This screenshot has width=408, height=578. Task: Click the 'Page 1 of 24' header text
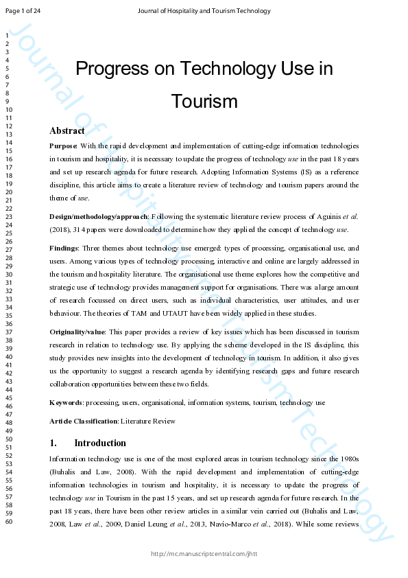[23, 10]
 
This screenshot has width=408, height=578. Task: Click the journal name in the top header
[204, 10]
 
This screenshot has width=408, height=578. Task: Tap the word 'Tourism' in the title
[204, 102]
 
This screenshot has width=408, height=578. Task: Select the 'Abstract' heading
[67, 130]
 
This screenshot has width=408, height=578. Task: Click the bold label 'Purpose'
[63, 146]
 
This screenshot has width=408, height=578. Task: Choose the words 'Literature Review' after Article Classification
[147, 421]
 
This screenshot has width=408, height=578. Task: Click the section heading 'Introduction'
[100, 443]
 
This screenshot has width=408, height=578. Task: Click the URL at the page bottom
[204, 554]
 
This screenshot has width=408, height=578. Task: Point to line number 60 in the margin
[9, 522]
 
